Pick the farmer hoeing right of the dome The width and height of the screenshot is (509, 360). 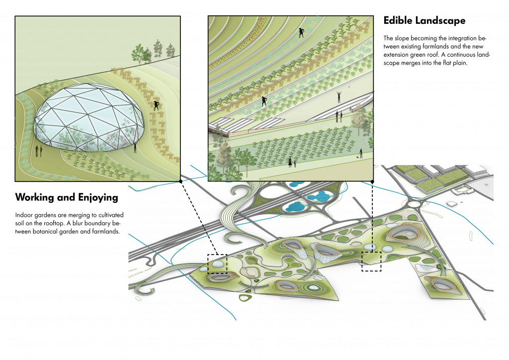(157, 105)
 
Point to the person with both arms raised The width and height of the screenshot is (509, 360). (339, 96)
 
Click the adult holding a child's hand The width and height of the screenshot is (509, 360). (290, 161)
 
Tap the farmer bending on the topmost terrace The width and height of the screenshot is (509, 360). (301, 33)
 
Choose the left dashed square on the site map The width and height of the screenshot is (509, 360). (217, 264)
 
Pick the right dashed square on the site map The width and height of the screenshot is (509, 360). (371, 261)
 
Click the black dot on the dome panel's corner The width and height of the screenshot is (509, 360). (180, 181)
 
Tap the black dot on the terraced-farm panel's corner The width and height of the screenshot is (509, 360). (373, 181)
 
